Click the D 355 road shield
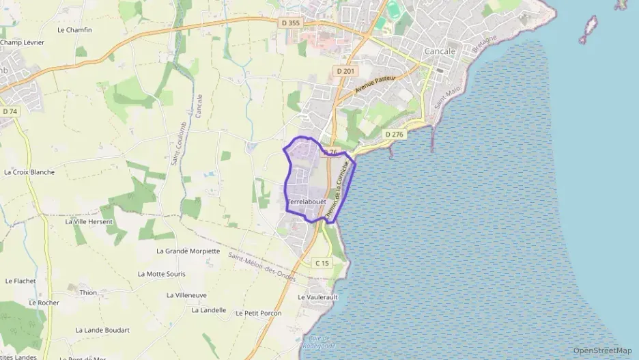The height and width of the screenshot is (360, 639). pos(290,23)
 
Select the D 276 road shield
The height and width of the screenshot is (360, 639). pos(395,135)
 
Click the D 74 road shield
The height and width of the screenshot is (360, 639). pos(10,111)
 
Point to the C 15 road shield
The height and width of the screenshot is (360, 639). pos(322,263)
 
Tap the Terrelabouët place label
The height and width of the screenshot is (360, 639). pos(307,202)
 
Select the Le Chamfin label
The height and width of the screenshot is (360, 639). pos(74,30)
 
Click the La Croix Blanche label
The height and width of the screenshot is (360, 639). pos(29,172)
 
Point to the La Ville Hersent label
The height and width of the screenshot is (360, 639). pos(89,222)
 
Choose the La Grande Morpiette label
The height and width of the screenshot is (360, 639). pos(188,251)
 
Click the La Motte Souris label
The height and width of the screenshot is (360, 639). pos(161,274)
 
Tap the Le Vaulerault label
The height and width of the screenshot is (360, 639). pos(318,298)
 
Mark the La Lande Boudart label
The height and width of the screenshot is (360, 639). pos(102,330)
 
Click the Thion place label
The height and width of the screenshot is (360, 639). pos(88,292)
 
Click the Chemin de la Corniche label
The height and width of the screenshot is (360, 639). pos(338,190)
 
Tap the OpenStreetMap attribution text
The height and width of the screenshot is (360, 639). pos(602,350)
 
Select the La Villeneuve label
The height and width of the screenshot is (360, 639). pos(186,295)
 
